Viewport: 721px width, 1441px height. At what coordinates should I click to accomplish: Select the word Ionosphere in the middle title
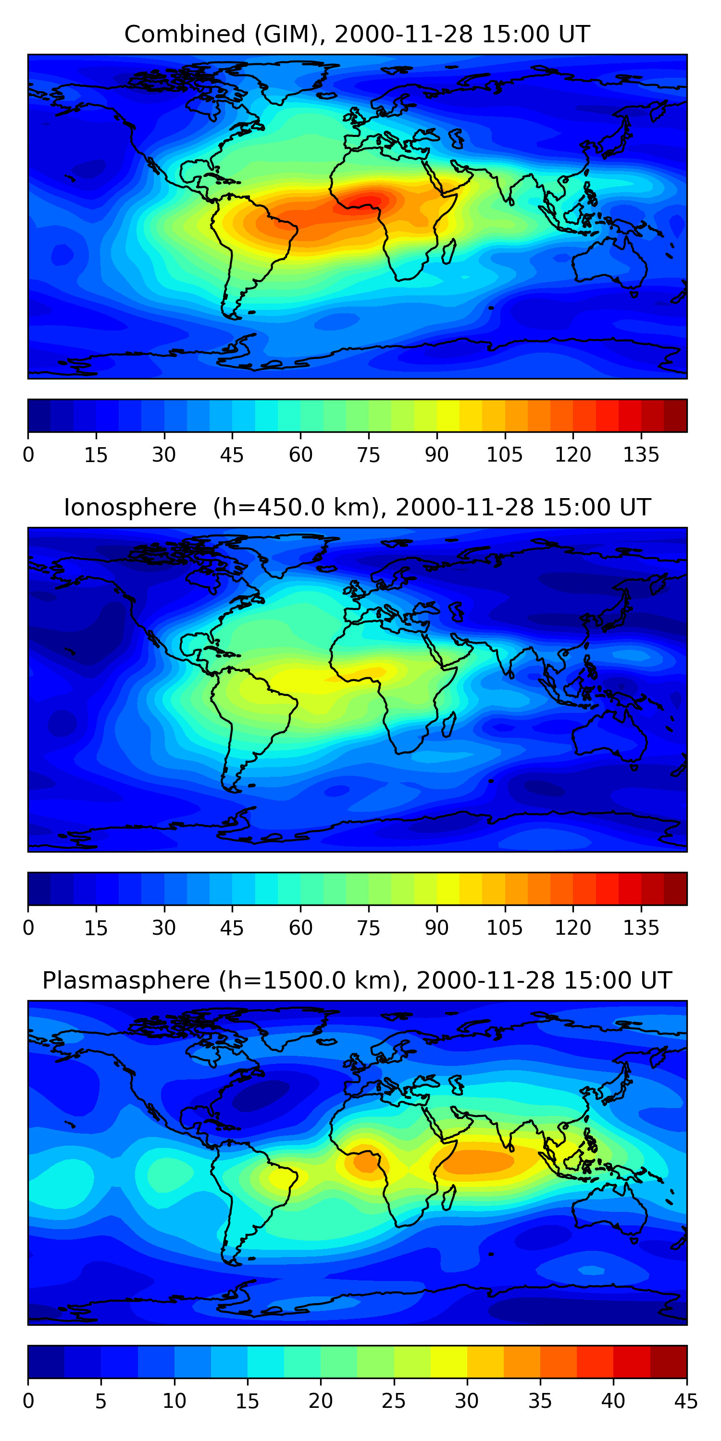[130, 507]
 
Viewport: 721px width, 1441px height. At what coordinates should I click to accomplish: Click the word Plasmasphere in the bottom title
[125, 981]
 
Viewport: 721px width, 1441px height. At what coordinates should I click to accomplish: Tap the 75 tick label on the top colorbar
[368, 455]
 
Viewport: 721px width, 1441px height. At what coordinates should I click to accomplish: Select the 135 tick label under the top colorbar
[641, 455]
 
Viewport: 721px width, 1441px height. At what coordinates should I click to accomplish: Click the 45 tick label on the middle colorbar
[232, 928]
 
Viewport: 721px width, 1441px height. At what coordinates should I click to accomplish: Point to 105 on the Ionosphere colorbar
[504, 928]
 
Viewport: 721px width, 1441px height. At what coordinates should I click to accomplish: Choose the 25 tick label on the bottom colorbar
[394, 1401]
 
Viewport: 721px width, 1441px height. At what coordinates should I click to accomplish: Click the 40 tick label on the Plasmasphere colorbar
[613, 1401]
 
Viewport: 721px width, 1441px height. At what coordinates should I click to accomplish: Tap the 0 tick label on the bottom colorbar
[28, 1401]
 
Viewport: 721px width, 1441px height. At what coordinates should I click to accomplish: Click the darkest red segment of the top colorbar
[675, 415]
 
